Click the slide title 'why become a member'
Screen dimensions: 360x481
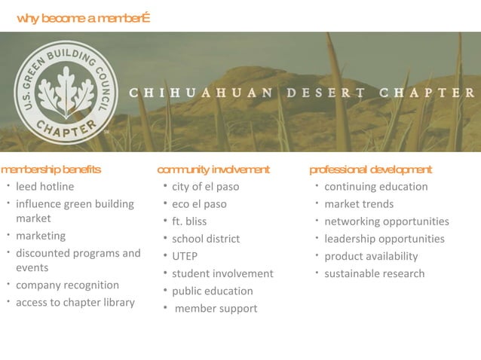tap(83, 18)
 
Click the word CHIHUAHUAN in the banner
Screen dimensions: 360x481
tap(201, 93)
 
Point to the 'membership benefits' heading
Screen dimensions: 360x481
tap(51, 169)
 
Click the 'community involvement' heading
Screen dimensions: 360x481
tap(213, 169)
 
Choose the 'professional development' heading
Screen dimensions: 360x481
tap(370, 169)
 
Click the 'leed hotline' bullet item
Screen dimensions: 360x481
tap(45, 187)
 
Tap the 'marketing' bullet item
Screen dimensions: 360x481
tap(41, 236)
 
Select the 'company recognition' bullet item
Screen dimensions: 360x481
tap(67, 285)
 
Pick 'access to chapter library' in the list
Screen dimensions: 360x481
tap(75, 303)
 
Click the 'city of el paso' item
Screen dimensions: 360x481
tap(205, 187)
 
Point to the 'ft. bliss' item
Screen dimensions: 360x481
tap(189, 221)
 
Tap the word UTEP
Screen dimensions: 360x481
tap(185, 256)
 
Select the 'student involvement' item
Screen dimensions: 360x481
tap(222, 273)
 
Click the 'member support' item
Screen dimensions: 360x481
tap(216, 308)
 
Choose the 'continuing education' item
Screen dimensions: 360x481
tap(375, 187)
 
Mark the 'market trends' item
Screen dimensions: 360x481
tap(359, 204)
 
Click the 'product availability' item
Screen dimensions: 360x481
tap(371, 256)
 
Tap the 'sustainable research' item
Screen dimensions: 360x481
tap(374, 273)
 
